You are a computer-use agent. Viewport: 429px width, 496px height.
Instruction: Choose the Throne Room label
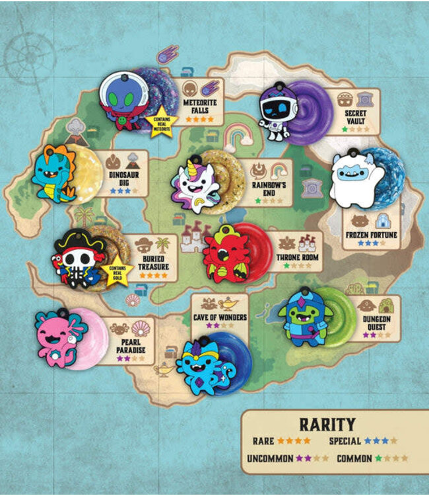coord(296,257)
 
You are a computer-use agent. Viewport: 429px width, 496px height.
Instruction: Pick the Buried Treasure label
coord(152,263)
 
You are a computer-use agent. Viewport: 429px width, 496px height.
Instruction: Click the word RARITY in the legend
coord(327,424)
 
